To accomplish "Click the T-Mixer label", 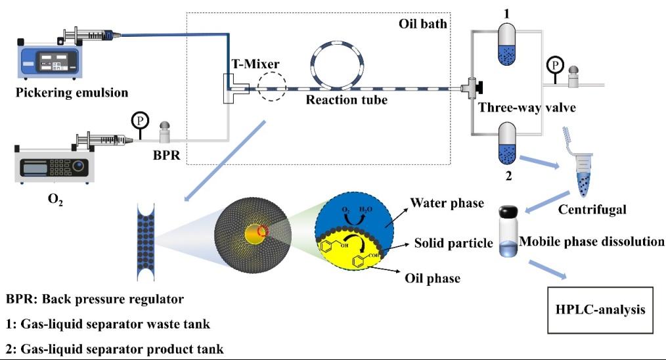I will point(255,64).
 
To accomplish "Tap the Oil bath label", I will point(423,24).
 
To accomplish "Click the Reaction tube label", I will point(346,100).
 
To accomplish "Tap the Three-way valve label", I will point(527,108).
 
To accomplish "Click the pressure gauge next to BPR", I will point(140,121).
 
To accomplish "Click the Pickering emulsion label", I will point(72,92).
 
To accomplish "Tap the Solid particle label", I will point(454,244).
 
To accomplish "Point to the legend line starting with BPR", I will point(95,299).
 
